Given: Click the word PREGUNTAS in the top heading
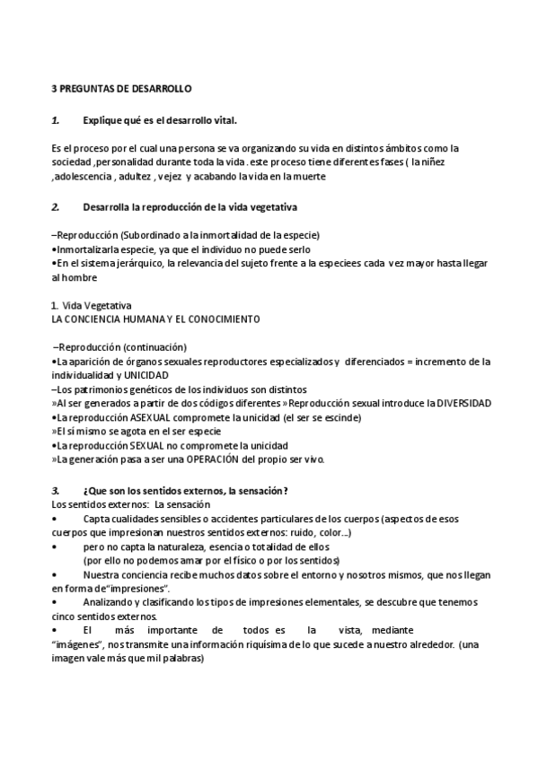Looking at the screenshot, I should point(88,90).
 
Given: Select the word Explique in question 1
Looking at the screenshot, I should point(101,119).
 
